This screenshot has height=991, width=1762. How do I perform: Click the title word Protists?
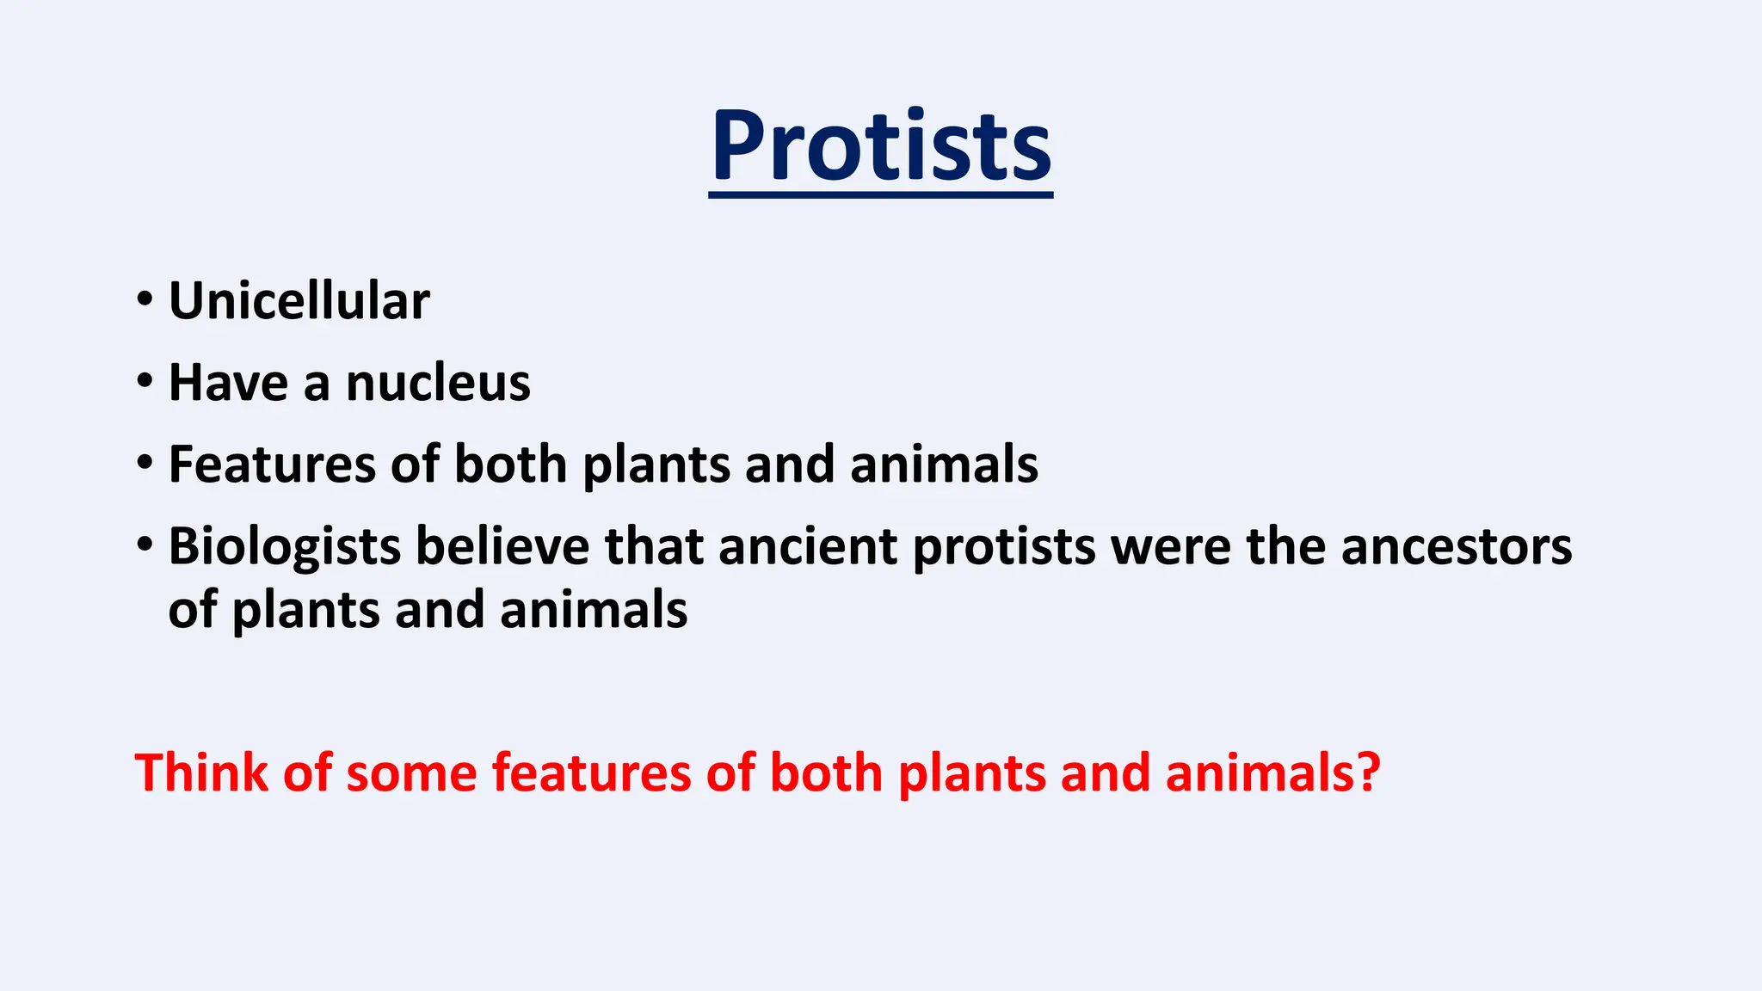[880, 146]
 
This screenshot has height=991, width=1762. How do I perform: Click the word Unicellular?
[299, 301]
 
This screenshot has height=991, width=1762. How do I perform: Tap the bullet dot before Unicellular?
[145, 299]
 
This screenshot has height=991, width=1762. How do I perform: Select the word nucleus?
[438, 383]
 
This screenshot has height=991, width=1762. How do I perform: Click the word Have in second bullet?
[228, 383]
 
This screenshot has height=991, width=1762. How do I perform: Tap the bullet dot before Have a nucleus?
[145, 380]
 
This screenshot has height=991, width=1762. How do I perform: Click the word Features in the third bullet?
[271, 465]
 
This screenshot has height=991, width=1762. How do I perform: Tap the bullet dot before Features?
[145, 462]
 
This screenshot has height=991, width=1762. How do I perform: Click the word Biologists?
[284, 547]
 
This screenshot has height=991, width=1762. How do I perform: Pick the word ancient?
[808, 546]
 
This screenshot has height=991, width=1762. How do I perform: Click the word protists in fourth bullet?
[1004, 548]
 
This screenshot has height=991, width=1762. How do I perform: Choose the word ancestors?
[1456, 547]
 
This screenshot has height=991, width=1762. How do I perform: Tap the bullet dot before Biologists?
[145, 544]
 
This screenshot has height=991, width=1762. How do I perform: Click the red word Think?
[201, 772]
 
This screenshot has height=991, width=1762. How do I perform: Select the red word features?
[591, 772]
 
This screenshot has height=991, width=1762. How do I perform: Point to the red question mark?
[1366, 772]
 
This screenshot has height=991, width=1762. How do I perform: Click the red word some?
[411, 772]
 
